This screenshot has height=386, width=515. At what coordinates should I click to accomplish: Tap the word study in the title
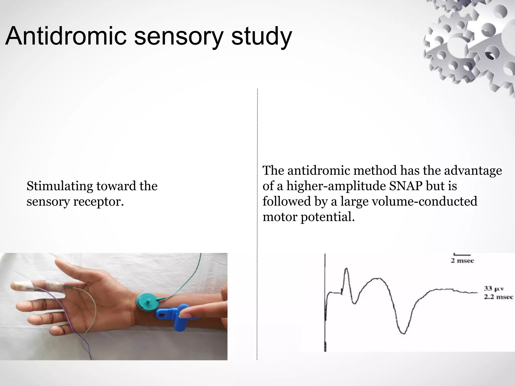click(262, 37)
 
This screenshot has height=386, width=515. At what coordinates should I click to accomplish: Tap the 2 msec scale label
click(462, 261)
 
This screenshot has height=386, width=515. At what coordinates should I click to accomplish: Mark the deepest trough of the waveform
click(403, 333)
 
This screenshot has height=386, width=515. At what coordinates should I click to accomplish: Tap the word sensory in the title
click(179, 37)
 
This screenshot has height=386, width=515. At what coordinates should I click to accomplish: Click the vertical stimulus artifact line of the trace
click(325, 302)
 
